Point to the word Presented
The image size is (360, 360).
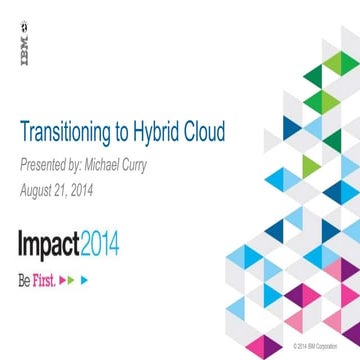(x=45, y=164)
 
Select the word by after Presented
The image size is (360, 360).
(x=84, y=164)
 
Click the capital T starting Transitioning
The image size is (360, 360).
(x=25, y=132)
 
